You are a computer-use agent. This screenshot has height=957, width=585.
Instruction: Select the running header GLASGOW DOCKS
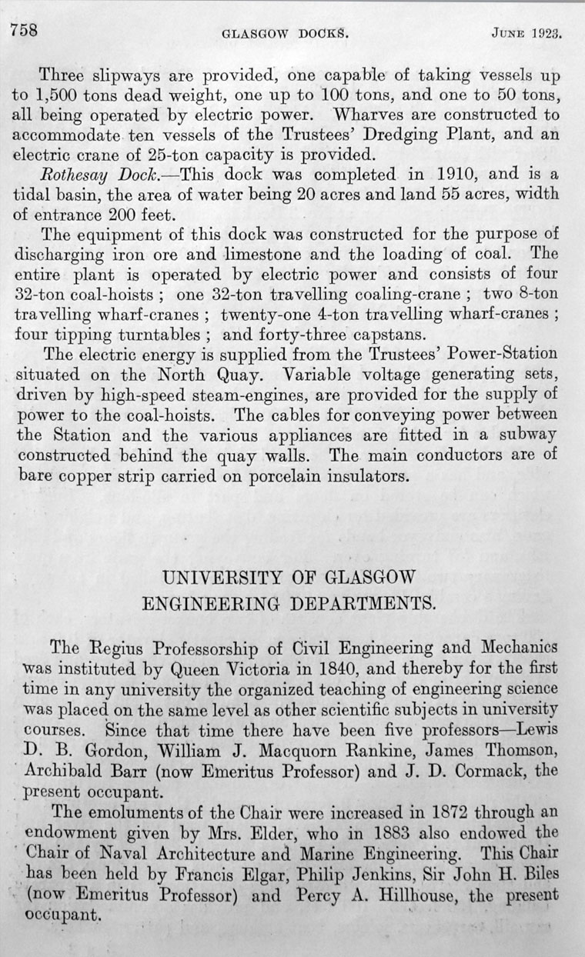point(286,35)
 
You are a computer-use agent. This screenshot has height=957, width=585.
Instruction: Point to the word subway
point(530,434)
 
